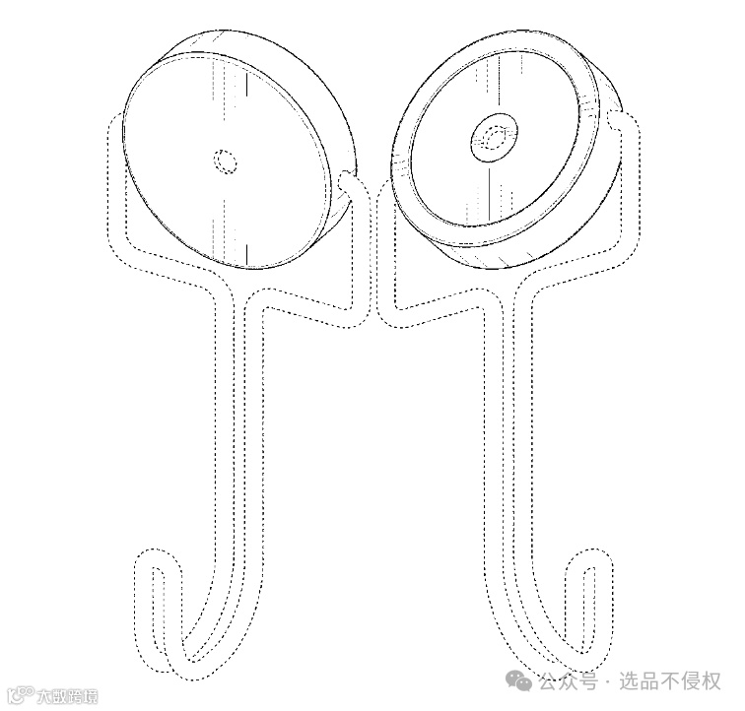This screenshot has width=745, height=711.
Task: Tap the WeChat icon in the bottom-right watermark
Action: [519, 680]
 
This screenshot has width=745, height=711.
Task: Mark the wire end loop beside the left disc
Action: [350, 184]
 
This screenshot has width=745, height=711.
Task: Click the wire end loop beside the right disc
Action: [618, 122]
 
